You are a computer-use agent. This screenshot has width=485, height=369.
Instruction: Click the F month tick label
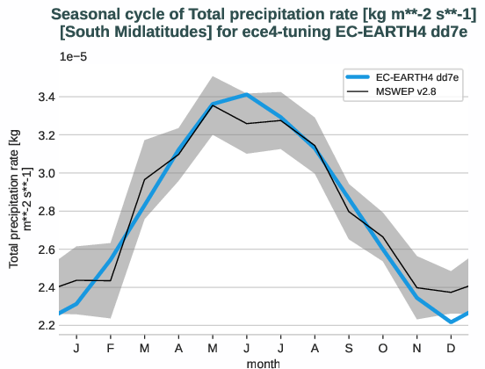tap(110, 348)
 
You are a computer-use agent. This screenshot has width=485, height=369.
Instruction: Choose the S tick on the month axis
tap(349, 348)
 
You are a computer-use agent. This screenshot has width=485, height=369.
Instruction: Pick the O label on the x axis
tap(383, 348)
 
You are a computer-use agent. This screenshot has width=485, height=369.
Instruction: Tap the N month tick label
tap(417, 348)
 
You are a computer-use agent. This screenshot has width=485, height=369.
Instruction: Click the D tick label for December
tap(452, 348)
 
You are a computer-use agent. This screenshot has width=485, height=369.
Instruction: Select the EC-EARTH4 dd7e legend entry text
tap(421, 77)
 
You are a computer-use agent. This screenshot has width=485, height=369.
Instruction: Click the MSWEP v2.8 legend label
tap(414, 92)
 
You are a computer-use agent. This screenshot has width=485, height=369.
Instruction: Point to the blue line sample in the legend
tap(362, 77)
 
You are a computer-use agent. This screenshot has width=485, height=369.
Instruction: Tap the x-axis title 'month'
tap(264, 362)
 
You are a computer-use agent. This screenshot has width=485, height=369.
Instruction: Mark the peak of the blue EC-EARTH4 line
tap(247, 94)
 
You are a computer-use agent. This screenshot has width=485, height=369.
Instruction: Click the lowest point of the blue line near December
tap(452, 322)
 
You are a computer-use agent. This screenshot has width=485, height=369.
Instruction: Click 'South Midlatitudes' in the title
tap(119, 31)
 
